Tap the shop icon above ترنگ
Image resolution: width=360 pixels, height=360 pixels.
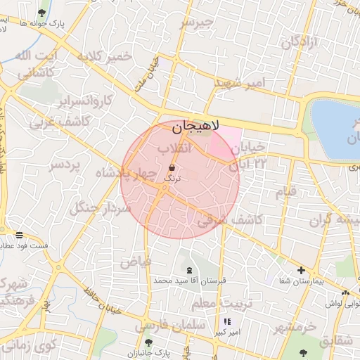(x=173, y=167)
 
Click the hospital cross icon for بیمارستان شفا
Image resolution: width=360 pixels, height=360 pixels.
(x=301, y=270)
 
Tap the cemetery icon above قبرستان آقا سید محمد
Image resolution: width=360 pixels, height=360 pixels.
(x=188, y=270)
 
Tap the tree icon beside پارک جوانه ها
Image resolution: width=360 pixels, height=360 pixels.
(x=42, y=13)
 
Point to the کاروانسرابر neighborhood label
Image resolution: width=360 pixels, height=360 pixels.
(x=84, y=101)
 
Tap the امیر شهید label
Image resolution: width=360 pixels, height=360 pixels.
(x=241, y=83)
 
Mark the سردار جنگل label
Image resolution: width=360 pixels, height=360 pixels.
(x=100, y=208)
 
